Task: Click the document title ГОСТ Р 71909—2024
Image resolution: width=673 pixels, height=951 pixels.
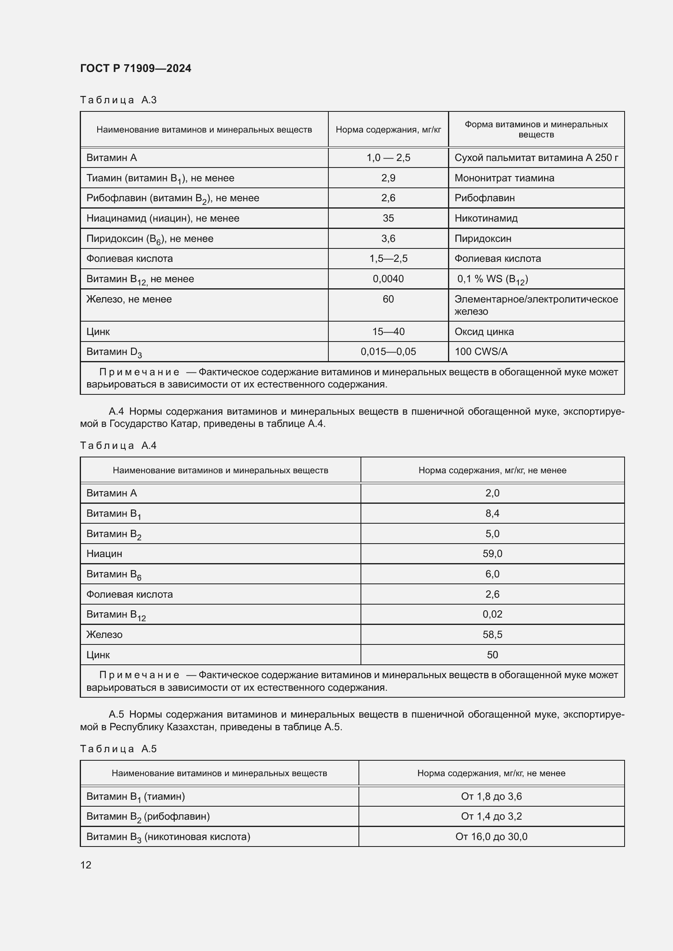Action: click(135, 68)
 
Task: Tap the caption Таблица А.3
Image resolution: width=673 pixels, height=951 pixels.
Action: click(118, 100)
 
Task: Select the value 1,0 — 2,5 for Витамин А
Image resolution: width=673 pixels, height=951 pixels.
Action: click(388, 157)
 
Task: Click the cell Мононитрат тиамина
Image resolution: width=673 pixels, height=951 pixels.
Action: click(504, 178)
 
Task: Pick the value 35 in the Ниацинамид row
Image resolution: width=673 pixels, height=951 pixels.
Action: click(388, 218)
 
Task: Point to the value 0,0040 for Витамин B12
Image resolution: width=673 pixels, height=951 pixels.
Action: click(388, 279)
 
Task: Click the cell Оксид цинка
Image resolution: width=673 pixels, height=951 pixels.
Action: click(484, 331)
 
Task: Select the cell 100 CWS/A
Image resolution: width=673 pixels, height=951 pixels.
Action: click(481, 352)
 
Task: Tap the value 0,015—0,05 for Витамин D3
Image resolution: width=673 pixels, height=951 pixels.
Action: click(388, 352)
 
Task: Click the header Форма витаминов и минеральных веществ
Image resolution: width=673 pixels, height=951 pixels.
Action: click(536, 129)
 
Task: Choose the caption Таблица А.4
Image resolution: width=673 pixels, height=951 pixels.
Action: click(118, 445)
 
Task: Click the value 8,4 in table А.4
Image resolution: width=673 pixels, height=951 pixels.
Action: click(492, 513)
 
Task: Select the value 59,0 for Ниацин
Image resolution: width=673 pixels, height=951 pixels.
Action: click(492, 553)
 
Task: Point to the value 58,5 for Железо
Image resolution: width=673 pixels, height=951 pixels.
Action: click(492, 634)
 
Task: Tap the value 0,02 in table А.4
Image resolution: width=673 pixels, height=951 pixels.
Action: click(492, 614)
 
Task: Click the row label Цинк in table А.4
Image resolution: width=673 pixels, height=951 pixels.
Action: click(98, 655)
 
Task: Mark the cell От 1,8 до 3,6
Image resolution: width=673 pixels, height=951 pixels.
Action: click(491, 796)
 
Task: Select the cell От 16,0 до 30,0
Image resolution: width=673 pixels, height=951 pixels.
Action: click(491, 836)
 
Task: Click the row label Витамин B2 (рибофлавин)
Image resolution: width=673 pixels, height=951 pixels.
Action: click(148, 816)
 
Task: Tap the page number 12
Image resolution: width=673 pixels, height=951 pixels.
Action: click(86, 865)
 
